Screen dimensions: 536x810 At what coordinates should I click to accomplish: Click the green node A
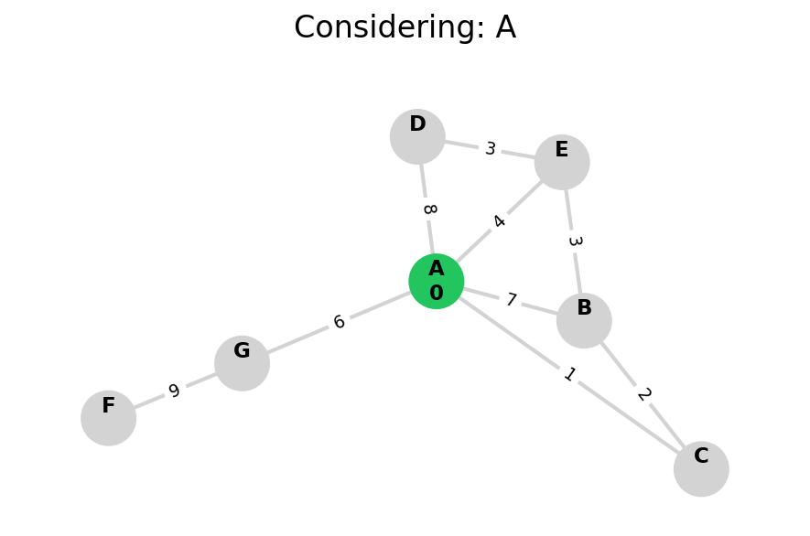436,281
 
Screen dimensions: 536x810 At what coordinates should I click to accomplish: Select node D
417,136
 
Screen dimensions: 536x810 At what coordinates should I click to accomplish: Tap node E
562,162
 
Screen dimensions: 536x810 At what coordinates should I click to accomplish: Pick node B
584,320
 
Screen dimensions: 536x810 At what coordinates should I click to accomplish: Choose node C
701,468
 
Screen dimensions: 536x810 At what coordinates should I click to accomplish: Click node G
242,363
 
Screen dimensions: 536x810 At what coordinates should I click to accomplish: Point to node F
108,418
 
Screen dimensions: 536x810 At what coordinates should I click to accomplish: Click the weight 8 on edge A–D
428,209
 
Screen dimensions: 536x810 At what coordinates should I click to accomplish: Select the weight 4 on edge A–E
499,221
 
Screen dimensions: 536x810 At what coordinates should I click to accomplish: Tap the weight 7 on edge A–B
511,300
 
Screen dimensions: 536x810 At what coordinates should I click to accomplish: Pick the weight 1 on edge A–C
569,374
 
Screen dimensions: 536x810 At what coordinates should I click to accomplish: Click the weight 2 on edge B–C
643,394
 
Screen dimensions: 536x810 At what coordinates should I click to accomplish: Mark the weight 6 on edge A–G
339,322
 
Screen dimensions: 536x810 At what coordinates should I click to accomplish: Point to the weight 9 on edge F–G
174,391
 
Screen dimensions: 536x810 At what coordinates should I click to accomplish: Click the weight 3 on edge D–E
491,149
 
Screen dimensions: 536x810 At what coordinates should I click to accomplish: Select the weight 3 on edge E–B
574,241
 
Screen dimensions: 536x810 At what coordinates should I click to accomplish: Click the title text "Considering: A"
405,27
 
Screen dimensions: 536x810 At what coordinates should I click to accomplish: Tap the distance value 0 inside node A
436,294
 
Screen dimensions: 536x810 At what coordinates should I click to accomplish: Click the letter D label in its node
417,124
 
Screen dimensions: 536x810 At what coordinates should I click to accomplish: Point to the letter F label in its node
108,406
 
